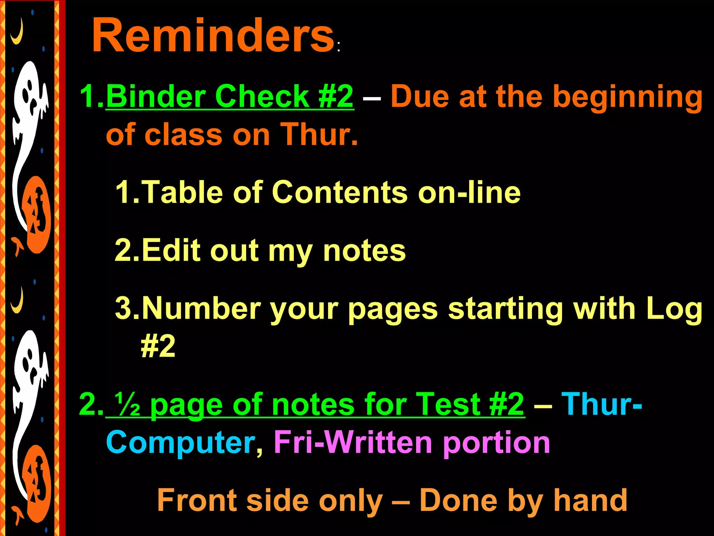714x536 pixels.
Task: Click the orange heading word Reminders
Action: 213,36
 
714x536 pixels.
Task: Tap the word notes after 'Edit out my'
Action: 364,251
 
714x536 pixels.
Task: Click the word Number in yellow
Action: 202,308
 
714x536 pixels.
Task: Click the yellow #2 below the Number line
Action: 158,346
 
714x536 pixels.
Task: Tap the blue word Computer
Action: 181,442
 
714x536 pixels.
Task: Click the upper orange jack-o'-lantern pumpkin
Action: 37,215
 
